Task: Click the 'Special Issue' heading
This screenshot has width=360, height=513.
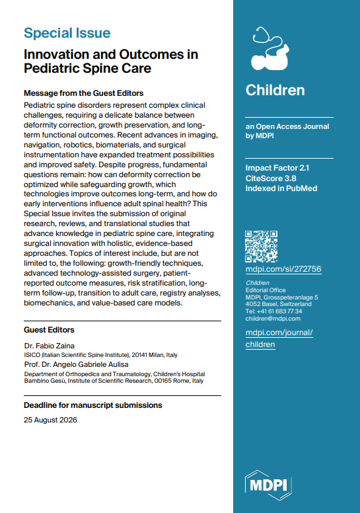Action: coord(67,32)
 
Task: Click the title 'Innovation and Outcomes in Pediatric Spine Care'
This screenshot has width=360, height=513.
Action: coord(110,61)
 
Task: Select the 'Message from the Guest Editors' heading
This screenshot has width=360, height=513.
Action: coord(83,93)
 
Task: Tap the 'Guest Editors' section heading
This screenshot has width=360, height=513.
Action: coord(49,329)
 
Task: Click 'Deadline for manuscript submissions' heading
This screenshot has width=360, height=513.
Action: coord(92,405)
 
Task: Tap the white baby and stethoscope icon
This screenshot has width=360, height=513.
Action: coord(271,49)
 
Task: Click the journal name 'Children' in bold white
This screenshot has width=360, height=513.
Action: coord(275,90)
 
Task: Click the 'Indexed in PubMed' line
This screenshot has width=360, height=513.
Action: coord(280,189)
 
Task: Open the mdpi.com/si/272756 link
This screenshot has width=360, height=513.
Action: coord(283,269)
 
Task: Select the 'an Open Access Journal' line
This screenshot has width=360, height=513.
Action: coord(287,126)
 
